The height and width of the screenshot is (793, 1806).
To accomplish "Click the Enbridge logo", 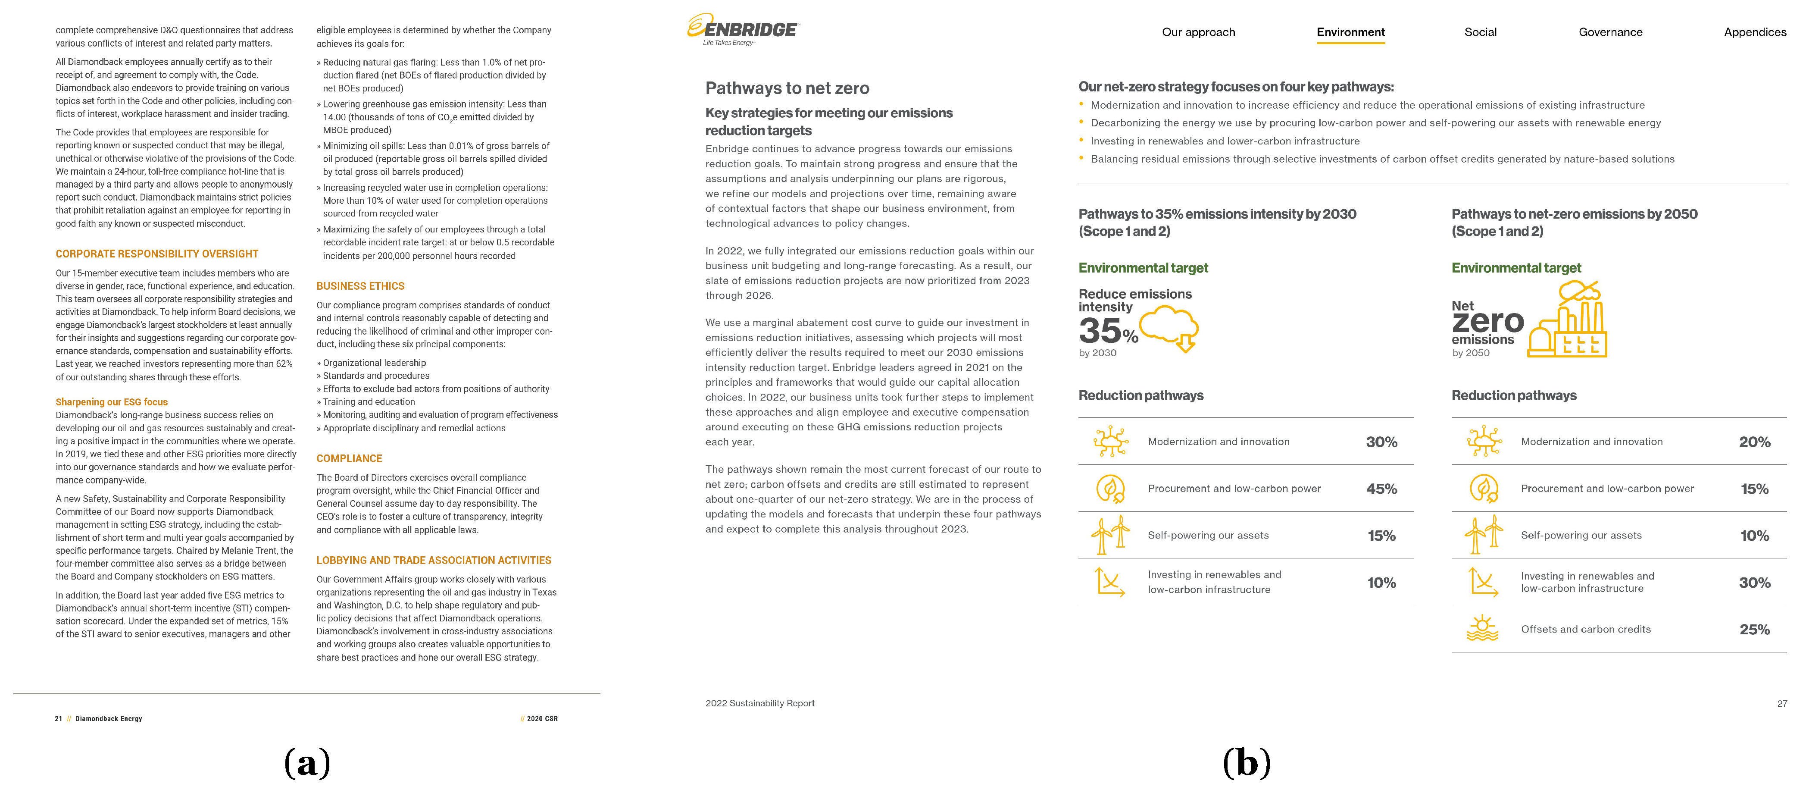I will (743, 29).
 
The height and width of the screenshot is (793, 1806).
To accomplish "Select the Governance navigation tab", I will (1610, 32).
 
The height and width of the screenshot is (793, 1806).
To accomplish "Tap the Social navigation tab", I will (1480, 32).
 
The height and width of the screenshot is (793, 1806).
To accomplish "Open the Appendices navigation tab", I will (1754, 32).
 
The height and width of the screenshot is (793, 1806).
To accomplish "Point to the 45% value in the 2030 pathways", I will (1381, 489).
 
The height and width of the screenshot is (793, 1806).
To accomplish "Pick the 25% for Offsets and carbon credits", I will (1754, 630).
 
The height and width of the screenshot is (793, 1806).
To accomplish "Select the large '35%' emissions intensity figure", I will (1108, 330).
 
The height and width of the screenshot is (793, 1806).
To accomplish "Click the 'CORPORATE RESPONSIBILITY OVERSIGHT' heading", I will (157, 254).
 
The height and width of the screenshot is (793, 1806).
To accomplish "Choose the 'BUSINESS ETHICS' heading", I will (360, 286).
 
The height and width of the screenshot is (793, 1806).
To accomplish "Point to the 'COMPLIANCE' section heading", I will (349, 458).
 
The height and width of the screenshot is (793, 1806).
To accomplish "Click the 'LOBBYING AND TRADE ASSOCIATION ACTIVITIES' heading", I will (433, 560).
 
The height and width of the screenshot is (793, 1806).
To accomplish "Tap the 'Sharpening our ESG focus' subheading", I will (112, 402).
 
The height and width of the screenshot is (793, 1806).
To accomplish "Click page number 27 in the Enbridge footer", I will (1781, 703).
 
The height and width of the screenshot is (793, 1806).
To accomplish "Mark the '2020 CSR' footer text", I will (542, 719).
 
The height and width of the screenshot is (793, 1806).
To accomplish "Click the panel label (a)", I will (307, 763).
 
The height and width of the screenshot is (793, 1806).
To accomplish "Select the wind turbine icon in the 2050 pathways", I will (1484, 535).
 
